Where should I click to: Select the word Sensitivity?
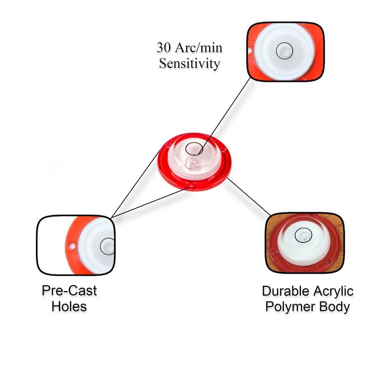pos(189,63)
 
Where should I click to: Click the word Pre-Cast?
pos(69,291)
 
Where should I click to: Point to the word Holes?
pos(69,306)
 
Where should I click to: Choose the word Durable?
pos(285,291)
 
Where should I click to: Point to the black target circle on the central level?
pos(194,148)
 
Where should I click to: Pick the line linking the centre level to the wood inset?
pos(249,197)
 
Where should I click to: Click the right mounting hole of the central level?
pos(226,156)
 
